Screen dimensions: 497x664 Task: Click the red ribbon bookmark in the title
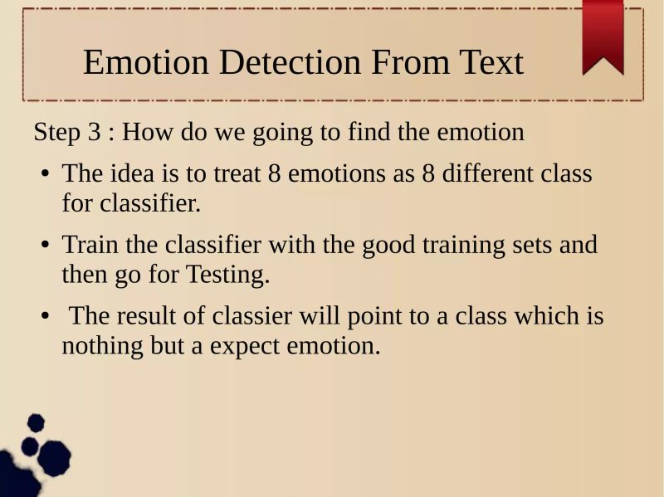[603, 35]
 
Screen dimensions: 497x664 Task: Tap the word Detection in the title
[290, 63]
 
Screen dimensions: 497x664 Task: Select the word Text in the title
[487, 63]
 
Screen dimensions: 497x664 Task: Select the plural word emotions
[332, 174]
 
